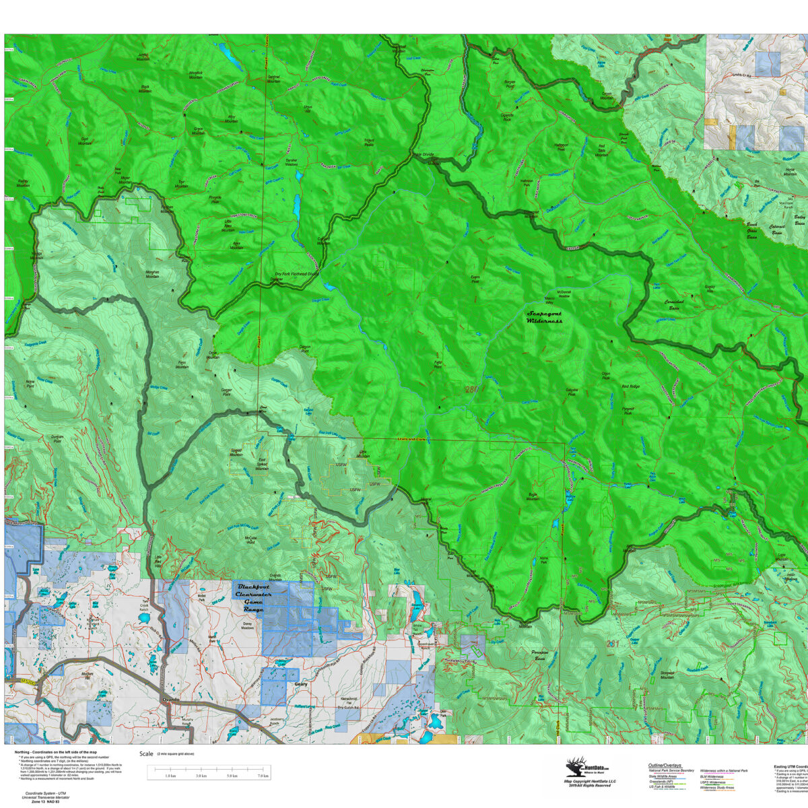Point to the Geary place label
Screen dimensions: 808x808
pos(301,684)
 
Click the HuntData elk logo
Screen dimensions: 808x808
pos(575,768)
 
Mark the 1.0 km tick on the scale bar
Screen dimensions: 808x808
pos(170,776)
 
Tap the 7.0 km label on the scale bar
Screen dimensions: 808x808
pos(263,776)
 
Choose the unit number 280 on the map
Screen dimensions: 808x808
pos(471,389)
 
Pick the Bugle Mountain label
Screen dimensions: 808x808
pos(533,496)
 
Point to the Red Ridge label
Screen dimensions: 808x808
pos(631,386)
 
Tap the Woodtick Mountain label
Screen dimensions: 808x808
pos(195,75)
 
